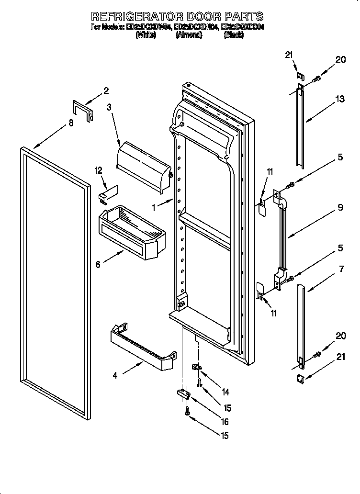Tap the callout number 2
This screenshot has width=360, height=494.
click(106, 90)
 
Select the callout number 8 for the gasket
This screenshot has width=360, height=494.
click(71, 123)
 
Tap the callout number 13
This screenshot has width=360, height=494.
click(339, 99)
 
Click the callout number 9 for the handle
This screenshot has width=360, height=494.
click(339, 208)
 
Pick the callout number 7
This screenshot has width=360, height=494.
click(341, 269)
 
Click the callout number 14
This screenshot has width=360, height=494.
click(225, 392)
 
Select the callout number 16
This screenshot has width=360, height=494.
click(225, 422)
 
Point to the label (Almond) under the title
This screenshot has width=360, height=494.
click(188, 35)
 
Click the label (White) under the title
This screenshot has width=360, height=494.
click(146, 35)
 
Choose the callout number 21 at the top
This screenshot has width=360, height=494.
click(288, 55)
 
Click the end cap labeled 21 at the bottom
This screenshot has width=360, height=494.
click(301, 379)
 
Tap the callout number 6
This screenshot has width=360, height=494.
click(98, 264)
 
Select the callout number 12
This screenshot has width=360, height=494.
click(98, 170)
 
